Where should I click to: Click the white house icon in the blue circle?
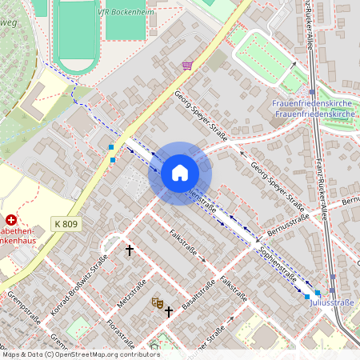pos(180,173)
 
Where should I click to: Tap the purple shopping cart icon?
pos(187,66)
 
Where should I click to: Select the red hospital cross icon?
pos(11,219)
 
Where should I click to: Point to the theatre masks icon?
pos(157,302)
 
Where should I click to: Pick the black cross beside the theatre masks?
pos(169,310)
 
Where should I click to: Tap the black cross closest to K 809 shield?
pos(130,250)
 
